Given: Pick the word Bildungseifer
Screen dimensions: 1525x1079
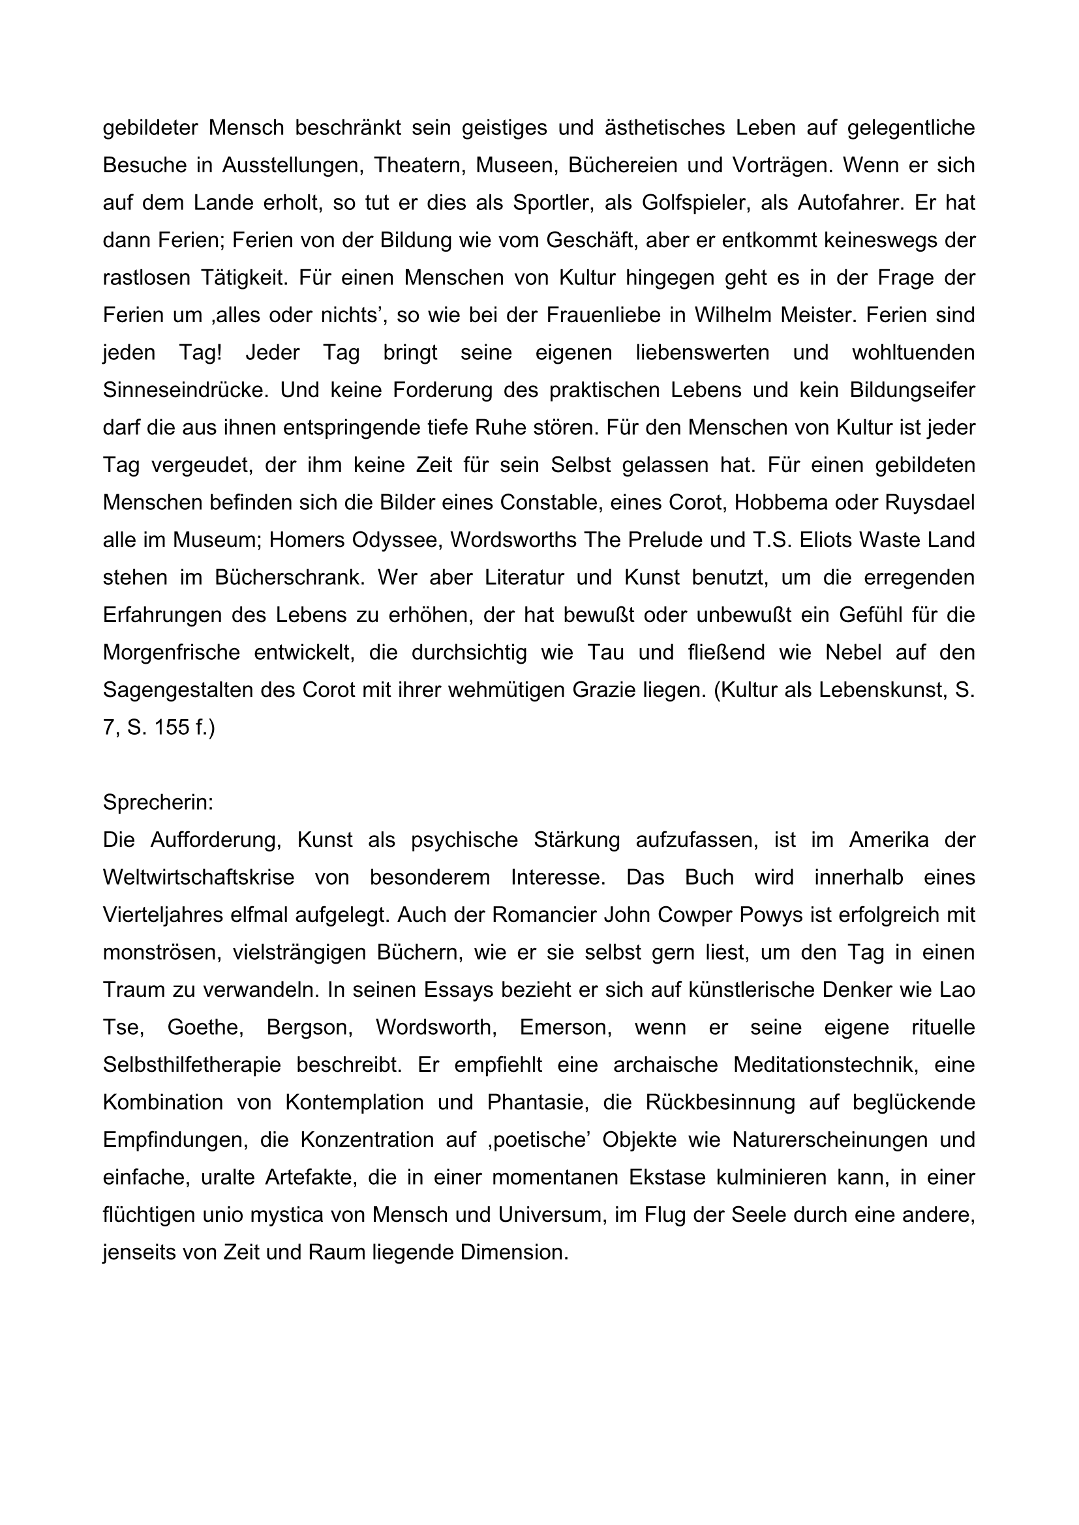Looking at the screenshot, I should [x=911, y=390].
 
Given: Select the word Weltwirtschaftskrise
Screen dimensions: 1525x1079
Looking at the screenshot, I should [x=199, y=878].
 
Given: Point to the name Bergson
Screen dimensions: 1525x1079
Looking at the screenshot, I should [x=308, y=1028].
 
